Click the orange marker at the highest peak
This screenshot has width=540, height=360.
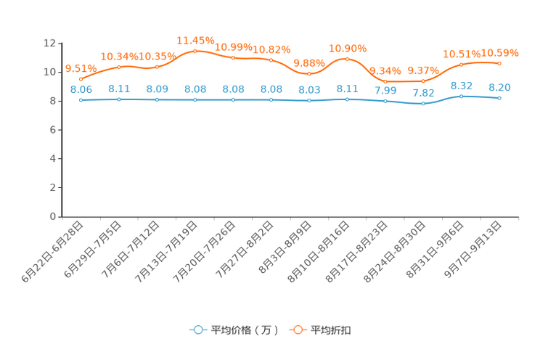(195, 51)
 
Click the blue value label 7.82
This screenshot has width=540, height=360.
(423, 93)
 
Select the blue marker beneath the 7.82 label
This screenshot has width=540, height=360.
(423, 104)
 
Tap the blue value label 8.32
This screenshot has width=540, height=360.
(462, 85)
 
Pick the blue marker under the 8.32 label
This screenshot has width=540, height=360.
(462, 96)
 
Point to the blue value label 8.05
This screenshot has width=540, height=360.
(81, 89)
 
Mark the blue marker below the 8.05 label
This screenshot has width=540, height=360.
(81, 100)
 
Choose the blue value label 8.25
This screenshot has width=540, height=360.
(499, 87)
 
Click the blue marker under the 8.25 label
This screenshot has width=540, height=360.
(499, 98)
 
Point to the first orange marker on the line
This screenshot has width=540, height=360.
(81, 79)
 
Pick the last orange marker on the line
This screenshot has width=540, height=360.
(499, 63)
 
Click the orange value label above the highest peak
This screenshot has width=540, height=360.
(195, 39)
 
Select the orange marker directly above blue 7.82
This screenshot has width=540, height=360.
(423, 81)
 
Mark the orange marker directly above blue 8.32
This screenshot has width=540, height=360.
(462, 65)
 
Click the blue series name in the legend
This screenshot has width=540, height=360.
(245, 330)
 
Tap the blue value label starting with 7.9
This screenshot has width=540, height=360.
(385, 91)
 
